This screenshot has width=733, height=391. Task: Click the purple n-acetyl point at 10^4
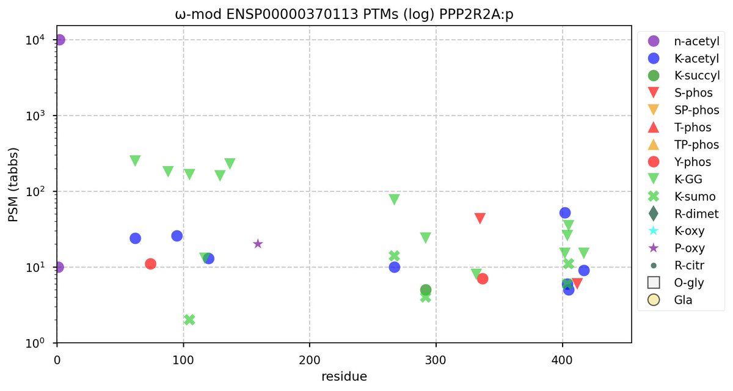click(x=59, y=40)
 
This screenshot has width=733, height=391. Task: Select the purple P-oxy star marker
click(x=258, y=244)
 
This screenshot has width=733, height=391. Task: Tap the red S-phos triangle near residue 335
click(x=480, y=218)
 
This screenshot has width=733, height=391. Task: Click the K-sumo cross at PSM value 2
click(x=189, y=320)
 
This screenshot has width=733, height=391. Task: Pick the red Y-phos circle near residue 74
click(x=150, y=264)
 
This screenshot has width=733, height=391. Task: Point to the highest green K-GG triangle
click(x=135, y=161)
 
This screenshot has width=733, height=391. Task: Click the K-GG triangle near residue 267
click(x=395, y=199)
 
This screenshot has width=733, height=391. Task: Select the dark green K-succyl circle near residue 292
click(x=426, y=290)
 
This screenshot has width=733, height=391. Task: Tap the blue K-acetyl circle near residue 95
click(x=177, y=236)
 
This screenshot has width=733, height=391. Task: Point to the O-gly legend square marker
click(x=653, y=283)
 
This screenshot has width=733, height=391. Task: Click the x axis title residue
click(x=344, y=376)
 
